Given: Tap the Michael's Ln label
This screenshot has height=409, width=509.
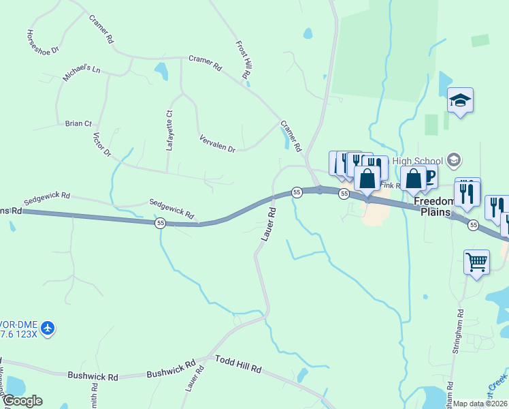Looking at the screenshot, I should pyautogui.click(x=82, y=73).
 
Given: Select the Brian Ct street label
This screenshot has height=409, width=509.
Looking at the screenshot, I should pyautogui.click(x=78, y=123).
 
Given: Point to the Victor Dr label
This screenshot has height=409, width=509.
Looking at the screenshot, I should pyautogui.click(x=101, y=145).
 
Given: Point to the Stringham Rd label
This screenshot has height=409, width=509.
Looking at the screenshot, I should pyautogui.click(x=457, y=331).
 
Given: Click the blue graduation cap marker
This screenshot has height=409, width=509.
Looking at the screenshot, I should pyautogui.click(x=460, y=101).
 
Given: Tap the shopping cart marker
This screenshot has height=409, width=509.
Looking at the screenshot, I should pyautogui.click(x=476, y=261).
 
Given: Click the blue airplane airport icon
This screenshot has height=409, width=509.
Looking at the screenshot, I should pyautogui.click(x=48, y=329).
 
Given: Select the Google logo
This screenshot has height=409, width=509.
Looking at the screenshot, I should pyautogui.click(x=22, y=401).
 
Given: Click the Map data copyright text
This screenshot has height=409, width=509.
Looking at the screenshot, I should pyautogui.click(x=480, y=404).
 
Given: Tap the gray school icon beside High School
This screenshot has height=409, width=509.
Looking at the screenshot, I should pyautogui.click(x=454, y=161).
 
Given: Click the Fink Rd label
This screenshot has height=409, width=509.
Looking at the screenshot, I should pyautogui.click(x=391, y=185).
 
